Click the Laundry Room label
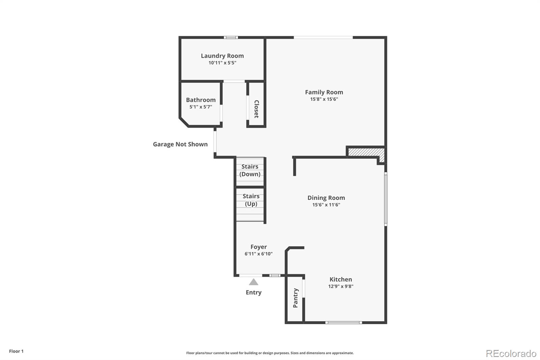(x=222, y=56)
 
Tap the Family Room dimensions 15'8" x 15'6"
(x=324, y=99)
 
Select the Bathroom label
(x=201, y=100)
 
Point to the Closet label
(x=256, y=109)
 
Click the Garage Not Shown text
(x=180, y=144)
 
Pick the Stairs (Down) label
(x=250, y=170)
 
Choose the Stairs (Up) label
(x=251, y=200)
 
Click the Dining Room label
(x=326, y=198)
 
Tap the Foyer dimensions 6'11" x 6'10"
(x=259, y=254)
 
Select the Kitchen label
(x=341, y=279)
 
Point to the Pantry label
(x=296, y=298)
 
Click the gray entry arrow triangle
(x=253, y=282)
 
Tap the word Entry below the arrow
(x=253, y=292)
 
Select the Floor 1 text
(x=16, y=351)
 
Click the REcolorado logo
(x=511, y=354)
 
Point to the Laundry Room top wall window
(x=231, y=37)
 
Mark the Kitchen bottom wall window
(x=344, y=323)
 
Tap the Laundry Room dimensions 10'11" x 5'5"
(x=222, y=63)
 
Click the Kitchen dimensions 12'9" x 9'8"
(x=341, y=286)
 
